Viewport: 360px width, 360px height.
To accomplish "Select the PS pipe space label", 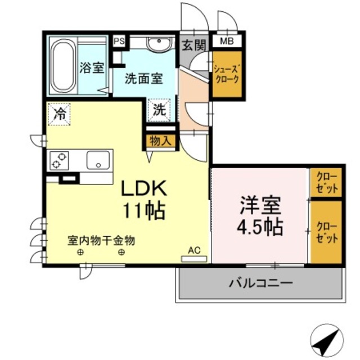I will point(118,41).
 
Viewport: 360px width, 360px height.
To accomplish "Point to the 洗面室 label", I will point(143,79).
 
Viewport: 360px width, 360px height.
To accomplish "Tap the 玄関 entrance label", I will point(193,44).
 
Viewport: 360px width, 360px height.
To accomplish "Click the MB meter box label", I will point(227,40).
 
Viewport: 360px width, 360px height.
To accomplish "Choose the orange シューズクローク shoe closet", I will point(227,75).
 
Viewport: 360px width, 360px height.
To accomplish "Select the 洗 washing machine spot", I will point(160,110).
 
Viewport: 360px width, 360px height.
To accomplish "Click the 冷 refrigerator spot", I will point(59,114).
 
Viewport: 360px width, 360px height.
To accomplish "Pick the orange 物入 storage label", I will point(160,141).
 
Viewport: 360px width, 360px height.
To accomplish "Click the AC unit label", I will point(193,251).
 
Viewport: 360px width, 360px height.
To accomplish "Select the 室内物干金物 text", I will point(101,240).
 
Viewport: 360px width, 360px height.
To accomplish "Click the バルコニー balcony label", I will point(260,282).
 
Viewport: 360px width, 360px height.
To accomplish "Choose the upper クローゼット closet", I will point(326,182).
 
